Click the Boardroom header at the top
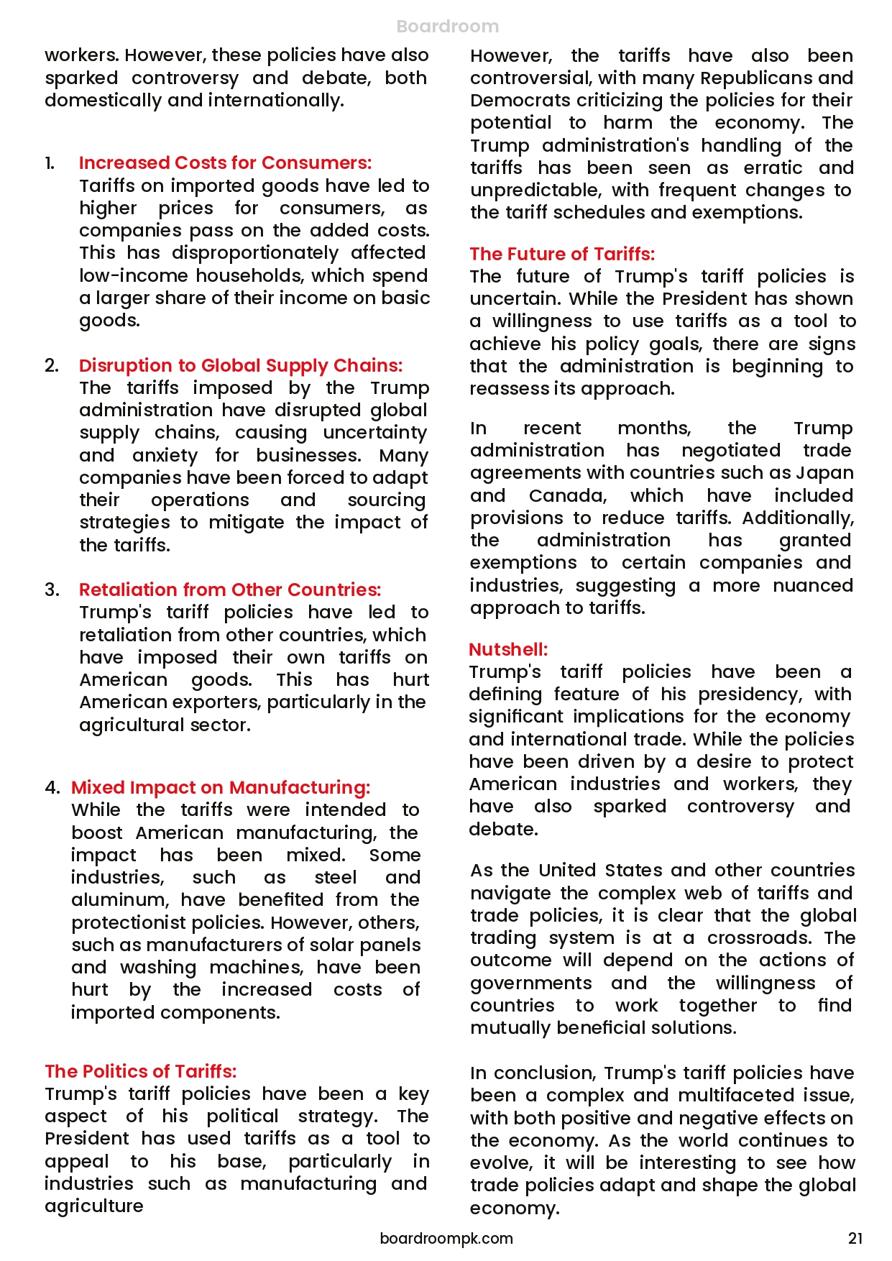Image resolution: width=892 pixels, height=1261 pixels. point(447,27)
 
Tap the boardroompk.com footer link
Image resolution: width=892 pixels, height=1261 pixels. point(446,1238)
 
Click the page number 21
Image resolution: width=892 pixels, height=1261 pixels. point(855,1238)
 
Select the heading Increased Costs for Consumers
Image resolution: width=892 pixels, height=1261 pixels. point(225,163)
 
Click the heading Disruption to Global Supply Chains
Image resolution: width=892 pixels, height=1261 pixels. point(240,365)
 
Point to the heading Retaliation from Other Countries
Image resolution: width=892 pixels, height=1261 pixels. point(229,590)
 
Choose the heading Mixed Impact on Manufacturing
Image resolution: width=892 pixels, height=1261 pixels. point(220,787)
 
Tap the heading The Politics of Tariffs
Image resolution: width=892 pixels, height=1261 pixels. point(140,1071)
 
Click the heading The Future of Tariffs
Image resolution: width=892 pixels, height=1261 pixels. point(562,254)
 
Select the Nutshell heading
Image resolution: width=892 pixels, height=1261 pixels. point(508,649)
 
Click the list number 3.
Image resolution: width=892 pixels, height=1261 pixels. point(52,590)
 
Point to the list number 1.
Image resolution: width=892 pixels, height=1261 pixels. point(50,163)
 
